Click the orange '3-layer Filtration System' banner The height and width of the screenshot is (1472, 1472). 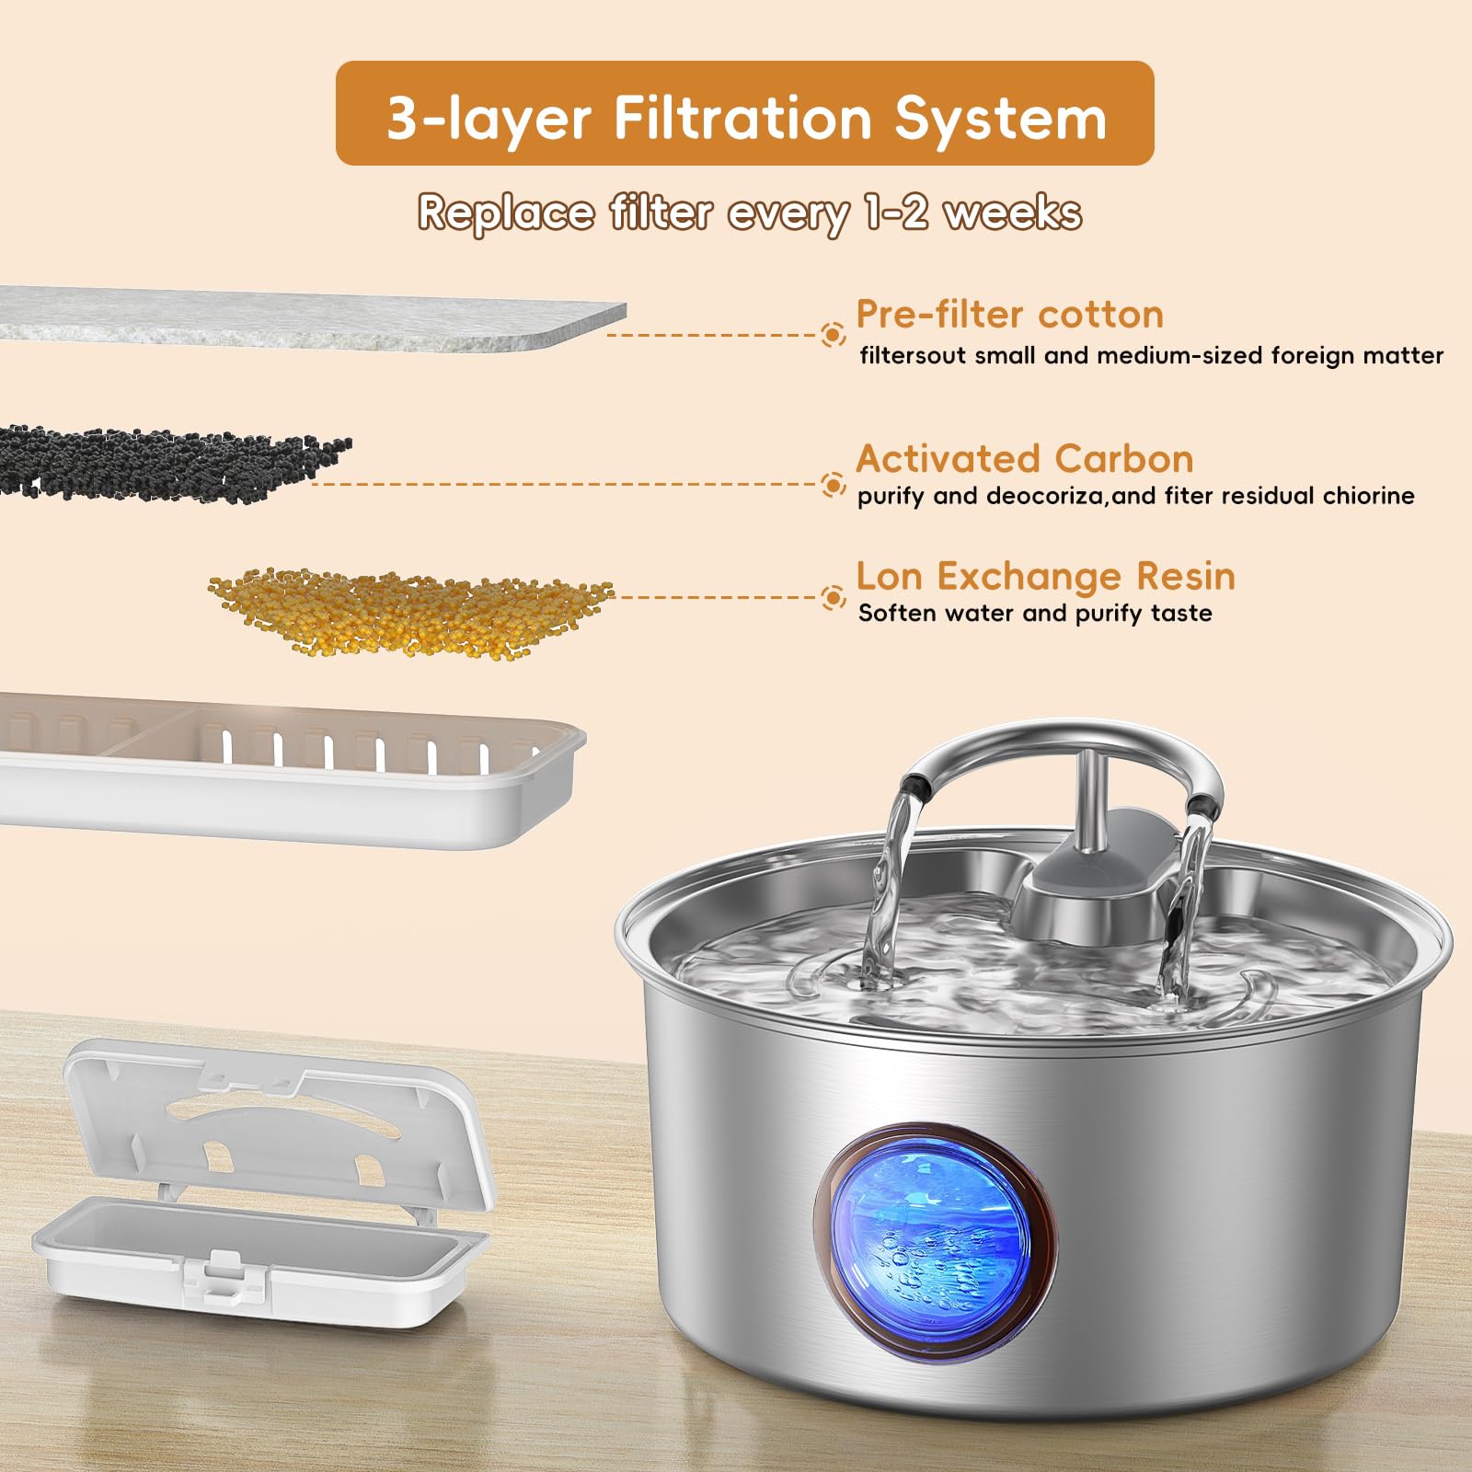click(744, 114)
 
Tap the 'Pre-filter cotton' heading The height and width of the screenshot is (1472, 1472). click(1009, 315)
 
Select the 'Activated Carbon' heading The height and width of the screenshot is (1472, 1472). click(1024, 458)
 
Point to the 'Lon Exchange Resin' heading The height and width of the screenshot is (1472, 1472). click(1045, 576)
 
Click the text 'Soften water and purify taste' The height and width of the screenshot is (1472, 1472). click(1035, 614)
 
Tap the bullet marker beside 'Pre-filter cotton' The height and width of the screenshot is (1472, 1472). click(833, 335)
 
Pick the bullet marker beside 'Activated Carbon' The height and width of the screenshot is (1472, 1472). click(833, 484)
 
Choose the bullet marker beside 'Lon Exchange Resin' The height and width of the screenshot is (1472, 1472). click(833, 598)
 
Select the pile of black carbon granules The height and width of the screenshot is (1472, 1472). click(166, 463)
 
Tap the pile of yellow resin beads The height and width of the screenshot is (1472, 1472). click(409, 612)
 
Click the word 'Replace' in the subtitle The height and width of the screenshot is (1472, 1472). click(506, 213)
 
